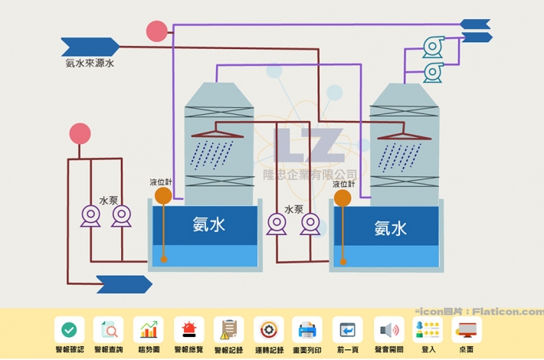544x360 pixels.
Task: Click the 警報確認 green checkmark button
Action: (x=69, y=330)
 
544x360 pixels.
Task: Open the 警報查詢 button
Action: (x=109, y=330)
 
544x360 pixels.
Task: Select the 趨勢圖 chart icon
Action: (x=148, y=330)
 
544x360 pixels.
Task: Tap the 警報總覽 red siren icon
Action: (x=188, y=330)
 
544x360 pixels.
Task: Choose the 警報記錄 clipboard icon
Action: (x=228, y=330)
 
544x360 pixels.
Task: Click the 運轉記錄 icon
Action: (x=268, y=330)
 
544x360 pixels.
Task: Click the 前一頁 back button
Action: (x=348, y=330)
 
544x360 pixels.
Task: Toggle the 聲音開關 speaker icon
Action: (x=388, y=330)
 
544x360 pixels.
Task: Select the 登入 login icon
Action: (x=428, y=330)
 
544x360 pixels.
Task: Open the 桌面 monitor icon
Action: (x=467, y=330)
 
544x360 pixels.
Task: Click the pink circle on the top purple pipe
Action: (x=156, y=31)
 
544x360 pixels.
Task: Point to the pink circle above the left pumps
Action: (x=80, y=134)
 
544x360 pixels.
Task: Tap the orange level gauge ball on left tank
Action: (x=163, y=196)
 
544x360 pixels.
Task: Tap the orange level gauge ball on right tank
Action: (x=342, y=198)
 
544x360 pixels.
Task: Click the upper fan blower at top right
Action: (x=433, y=47)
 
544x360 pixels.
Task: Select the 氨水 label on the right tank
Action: (x=390, y=227)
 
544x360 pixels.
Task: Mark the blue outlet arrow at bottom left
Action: (x=123, y=284)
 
